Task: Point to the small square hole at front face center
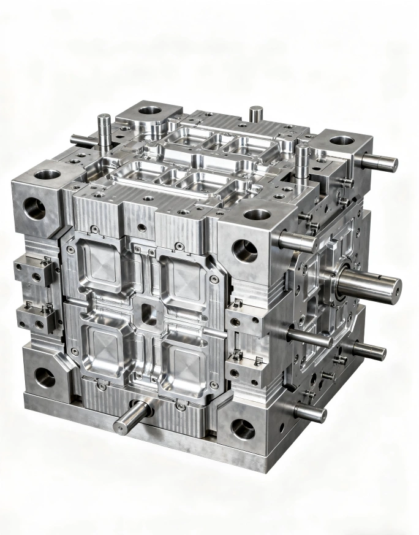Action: coord(146,314)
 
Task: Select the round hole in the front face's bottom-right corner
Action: coord(243,428)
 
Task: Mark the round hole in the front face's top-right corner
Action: coord(245,248)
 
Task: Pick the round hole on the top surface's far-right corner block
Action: coord(342,140)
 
